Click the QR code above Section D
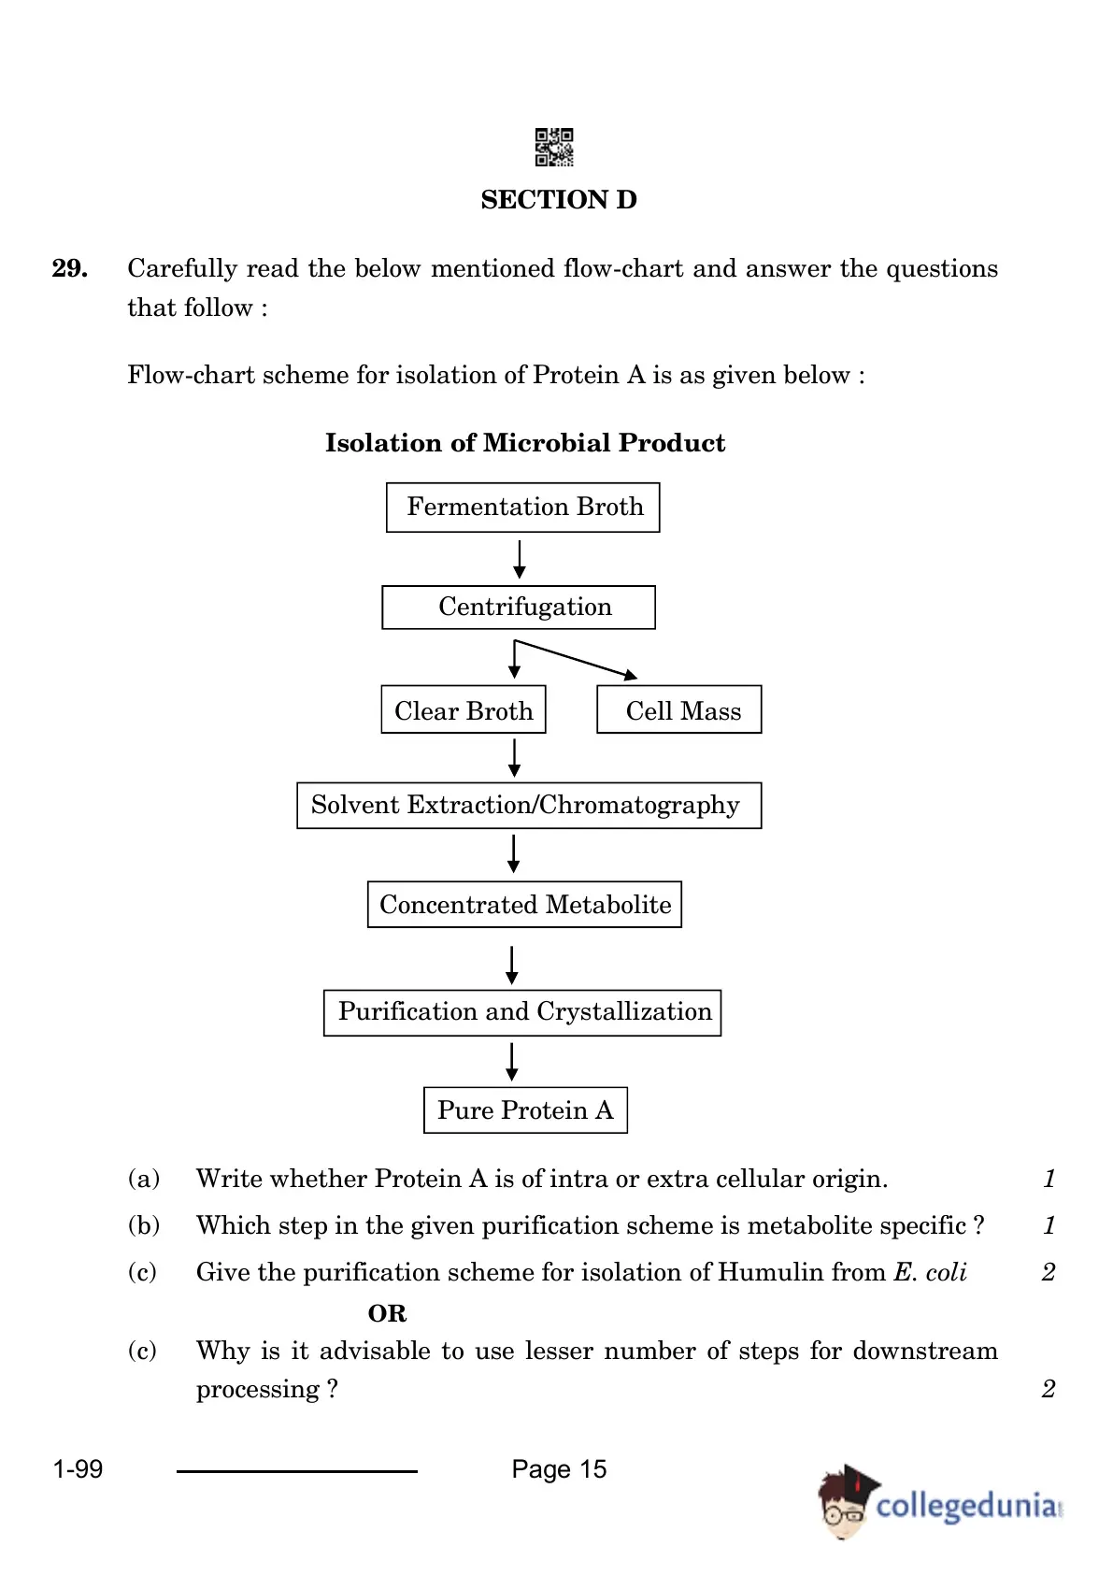coord(553,147)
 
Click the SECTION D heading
coord(559,200)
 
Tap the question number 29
coord(69,267)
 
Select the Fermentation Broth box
coord(522,508)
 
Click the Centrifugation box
coord(519,608)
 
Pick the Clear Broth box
coord(464,709)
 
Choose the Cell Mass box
coord(679,709)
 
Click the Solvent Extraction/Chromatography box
coord(529,806)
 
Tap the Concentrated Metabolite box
coord(525,905)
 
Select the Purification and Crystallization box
coord(522,1012)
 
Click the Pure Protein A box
coord(525,1110)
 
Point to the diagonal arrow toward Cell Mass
coord(577,659)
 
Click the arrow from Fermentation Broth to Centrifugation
coord(520,559)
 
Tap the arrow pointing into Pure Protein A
coord(512,1062)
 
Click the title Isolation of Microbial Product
coord(525,443)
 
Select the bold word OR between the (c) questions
coord(387,1313)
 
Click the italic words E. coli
coord(931,1272)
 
